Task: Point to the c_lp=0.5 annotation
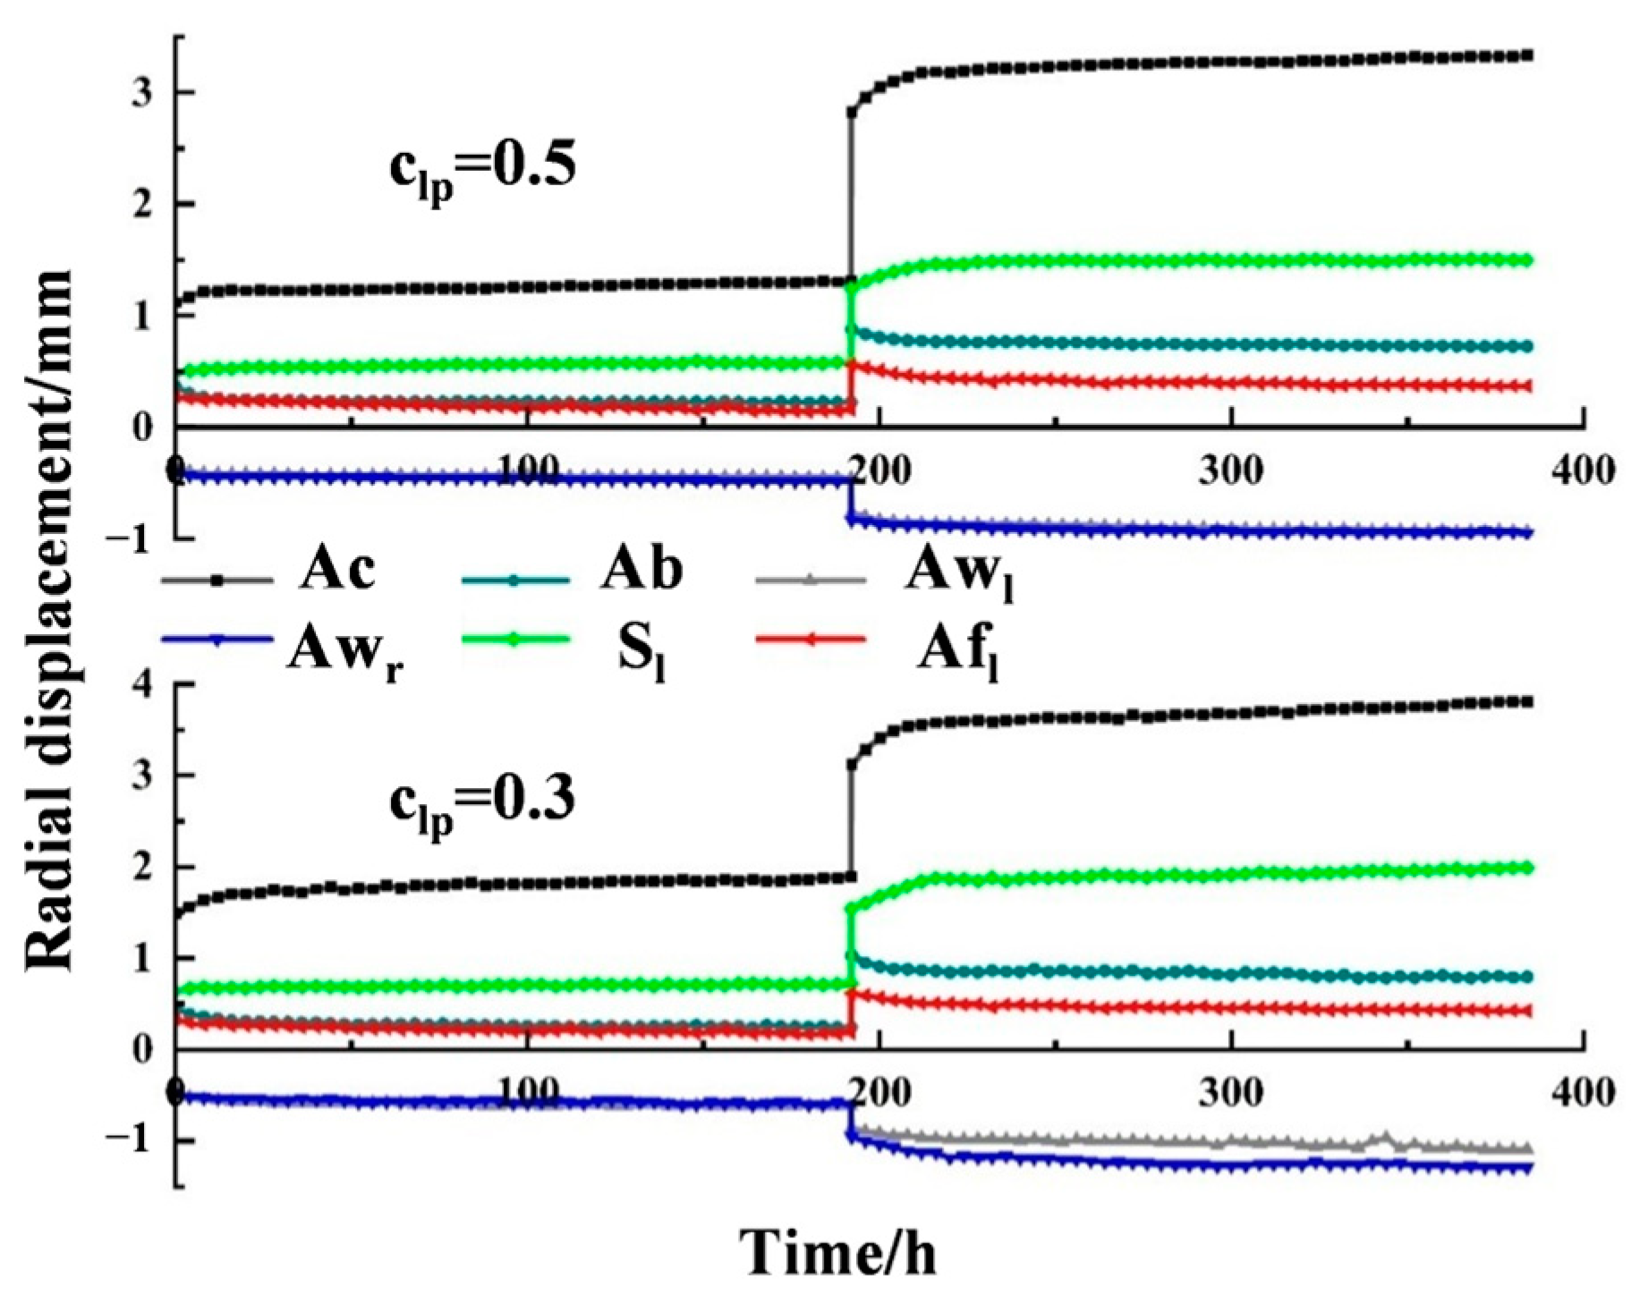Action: pos(482,170)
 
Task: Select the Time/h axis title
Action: pos(838,1252)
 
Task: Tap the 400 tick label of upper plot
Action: pos(1583,470)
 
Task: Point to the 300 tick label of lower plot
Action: pos(1231,1093)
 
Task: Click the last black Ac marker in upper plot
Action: pos(1528,55)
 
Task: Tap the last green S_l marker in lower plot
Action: pos(1528,867)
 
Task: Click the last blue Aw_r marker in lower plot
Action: pos(1528,1168)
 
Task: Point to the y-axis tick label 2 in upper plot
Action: pos(140,205)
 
